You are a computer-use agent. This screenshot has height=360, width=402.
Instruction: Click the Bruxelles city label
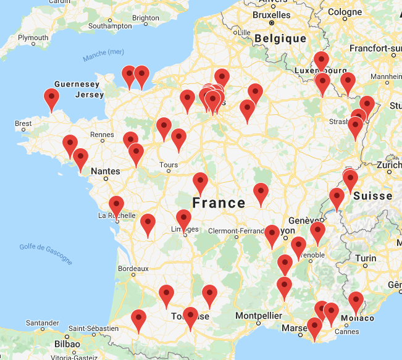click(x=272, y=14)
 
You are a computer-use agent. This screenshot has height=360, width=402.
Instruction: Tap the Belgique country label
click(x=281, y=38)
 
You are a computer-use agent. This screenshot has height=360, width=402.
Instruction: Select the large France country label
click(x=219, y=203)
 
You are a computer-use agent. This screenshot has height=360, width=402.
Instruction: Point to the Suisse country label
click(x=373, y=196)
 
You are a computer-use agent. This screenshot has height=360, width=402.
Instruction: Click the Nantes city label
click(x=104, y=170)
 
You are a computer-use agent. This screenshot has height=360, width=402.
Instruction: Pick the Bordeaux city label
click(x=133, y=269)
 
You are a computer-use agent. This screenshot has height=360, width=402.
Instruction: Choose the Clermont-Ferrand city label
click(x=235, y=232)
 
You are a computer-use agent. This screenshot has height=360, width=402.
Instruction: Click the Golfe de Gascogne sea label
click(x=46, y=254)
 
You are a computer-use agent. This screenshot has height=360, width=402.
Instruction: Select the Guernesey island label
click(x=77, y=84)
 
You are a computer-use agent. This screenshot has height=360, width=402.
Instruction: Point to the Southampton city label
click(x=110, y=26)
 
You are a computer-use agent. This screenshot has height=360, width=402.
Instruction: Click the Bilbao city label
click(x=67, y=343)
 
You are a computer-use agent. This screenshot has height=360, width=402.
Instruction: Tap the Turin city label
click(x=367, y=258)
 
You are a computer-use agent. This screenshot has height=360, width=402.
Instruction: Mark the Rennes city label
click(x=102, y=134)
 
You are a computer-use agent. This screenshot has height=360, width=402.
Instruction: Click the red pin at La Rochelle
click(x=116, y=205)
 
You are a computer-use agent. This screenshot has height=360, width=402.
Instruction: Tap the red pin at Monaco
click(x=356, y=301)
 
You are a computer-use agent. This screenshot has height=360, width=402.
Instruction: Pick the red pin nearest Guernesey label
click(x=52, y=98)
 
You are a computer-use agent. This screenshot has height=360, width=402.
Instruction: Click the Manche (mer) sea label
click(x=103, y=56)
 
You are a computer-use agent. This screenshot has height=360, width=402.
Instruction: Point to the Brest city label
click(x=23, y=123)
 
